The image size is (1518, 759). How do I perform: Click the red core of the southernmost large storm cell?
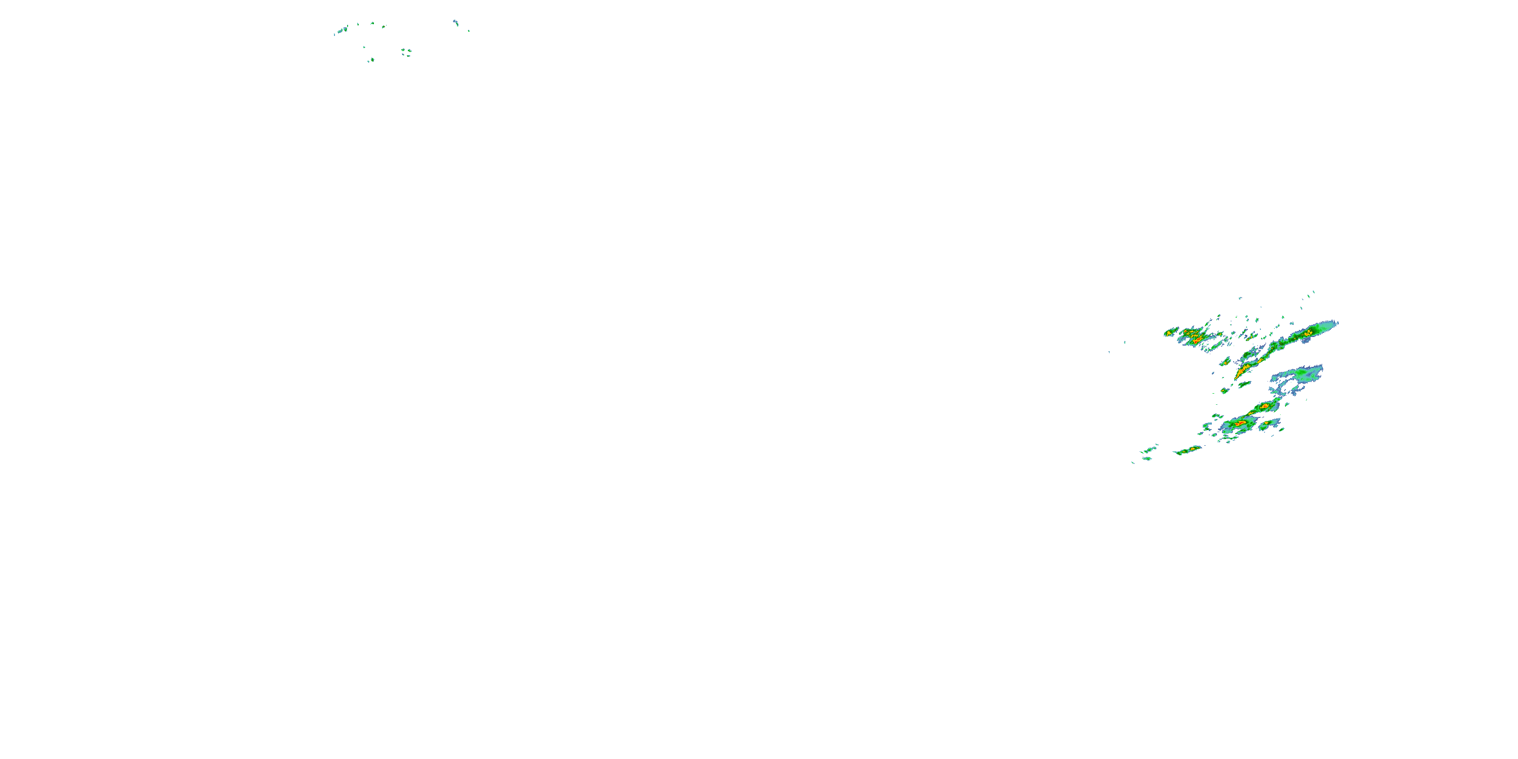[1240, 423]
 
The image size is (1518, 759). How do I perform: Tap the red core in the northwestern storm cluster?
[1197, 340]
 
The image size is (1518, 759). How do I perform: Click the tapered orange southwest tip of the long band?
[1238, 376]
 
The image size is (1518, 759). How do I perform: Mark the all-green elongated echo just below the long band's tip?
[1245, 385]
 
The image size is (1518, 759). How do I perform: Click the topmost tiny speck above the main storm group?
[1314, 291]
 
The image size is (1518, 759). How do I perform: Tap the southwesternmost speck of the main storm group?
[1132, 462]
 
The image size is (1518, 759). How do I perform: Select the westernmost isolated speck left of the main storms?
[1110, 352]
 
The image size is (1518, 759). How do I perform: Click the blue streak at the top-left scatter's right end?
[455, 22]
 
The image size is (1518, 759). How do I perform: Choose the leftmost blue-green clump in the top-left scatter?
[341, 29]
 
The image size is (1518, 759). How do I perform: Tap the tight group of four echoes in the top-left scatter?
[406, 52]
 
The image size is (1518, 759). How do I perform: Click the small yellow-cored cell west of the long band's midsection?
[1225, 362]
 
